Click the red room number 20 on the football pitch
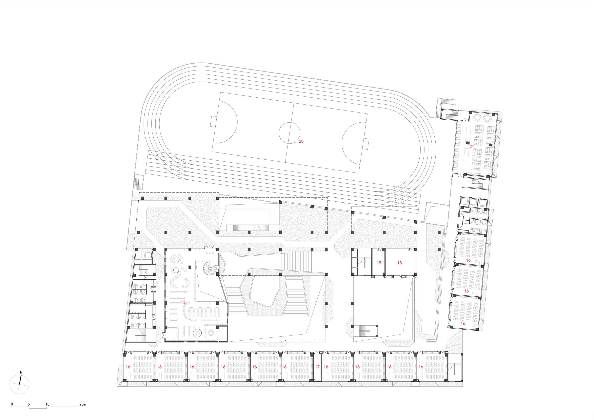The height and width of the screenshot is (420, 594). [x=301, y=141]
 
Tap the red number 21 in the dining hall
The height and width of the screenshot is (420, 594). [x=472, y=147]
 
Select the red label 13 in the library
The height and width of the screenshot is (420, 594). [x=183, y=302]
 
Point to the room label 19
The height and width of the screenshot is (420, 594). [x=379, y=263]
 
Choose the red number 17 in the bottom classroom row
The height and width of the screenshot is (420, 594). [x=317, y=367]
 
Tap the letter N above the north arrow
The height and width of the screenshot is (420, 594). [x=21, y=372]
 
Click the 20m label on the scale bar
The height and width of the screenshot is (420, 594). [x=83, y=404]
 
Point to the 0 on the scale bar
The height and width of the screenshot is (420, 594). [x=12, y=404]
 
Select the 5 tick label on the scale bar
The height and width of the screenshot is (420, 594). [x=29, y=404]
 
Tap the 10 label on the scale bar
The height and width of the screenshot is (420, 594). [x=47, y=404]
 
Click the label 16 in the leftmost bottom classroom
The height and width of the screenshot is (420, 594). [x=128, y=367]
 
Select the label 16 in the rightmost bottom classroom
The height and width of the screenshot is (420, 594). [x=421, y=367]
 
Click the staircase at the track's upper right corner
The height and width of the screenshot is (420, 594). [x=446, y=101]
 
